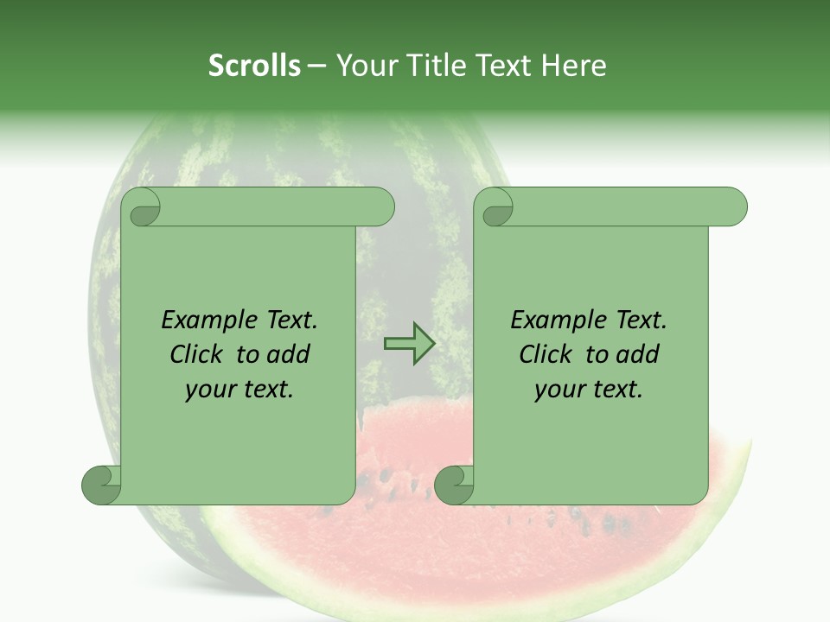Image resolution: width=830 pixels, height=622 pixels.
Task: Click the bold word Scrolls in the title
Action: pyautogui.click(x=254, y=66)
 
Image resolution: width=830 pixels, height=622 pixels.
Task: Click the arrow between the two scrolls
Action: pyautogui.click(x=409, y=344)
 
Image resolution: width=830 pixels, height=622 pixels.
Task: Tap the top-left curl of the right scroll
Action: pyautogui.click(x=497, y=208)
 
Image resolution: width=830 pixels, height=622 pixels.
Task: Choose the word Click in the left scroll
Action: pyautogui.click(x=199, y=355)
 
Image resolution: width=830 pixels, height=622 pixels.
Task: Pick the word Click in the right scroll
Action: pyautogui.click(x=548, y=355)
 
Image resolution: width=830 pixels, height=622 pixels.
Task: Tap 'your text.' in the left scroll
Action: pyautogui.click(x=239, y=390)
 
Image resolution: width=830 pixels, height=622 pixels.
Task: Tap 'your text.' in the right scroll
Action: pyautogui.click(x=589, y=390)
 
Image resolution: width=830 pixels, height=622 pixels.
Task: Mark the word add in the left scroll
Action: pyautogui.click(x=289, y=355)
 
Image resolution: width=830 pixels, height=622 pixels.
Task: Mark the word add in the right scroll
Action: pyautogui.click(x=638, y=355)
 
